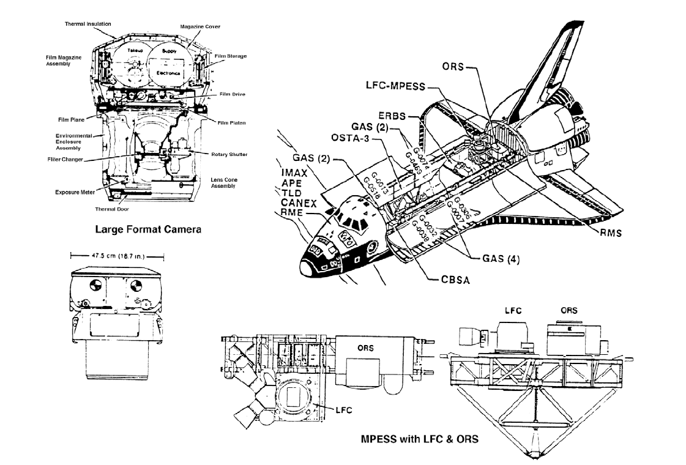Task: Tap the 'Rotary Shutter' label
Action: [x=229, y=154]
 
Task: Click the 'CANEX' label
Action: [x=298, y=202]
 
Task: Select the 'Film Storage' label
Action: [x=229, y=56]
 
